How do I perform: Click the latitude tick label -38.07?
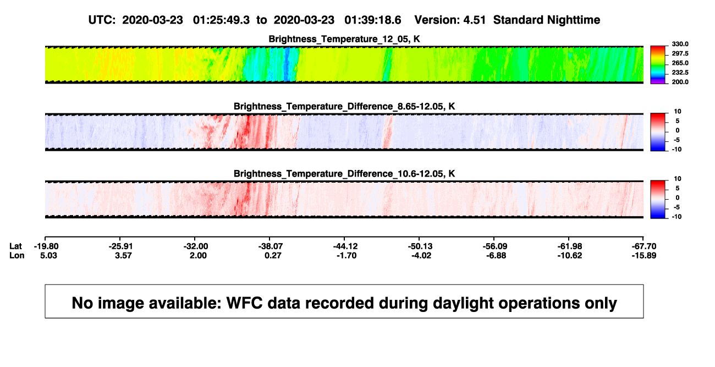coord(271,247)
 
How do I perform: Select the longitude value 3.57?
coord(123,255)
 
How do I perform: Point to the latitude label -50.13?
coord(420,247)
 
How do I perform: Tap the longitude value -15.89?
coord(644,255)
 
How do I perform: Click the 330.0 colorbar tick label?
coord(680,44)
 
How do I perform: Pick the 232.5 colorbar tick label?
coord(680,73)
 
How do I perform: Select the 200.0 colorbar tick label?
coord(680,82)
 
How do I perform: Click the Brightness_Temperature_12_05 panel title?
coord(344,39)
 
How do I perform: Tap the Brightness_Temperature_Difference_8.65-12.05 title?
coord(344,106)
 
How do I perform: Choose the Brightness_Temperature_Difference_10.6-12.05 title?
coord(344,174)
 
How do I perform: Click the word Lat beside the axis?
coord(15,247)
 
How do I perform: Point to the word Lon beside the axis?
coord(16,255)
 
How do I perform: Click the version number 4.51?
coord(474,20)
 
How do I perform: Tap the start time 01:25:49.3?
coord(221,20)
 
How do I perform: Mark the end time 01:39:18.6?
coord(372,20)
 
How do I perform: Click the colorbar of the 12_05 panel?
coord(658,65)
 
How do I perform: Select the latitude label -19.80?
coord(46,247)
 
